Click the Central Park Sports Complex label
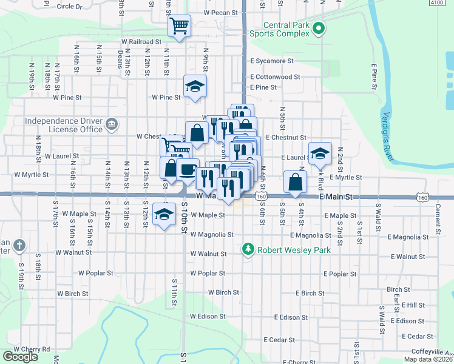[x=284, y=30]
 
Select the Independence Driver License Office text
[x=64, y=125]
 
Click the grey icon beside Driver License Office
[x=111, y=125]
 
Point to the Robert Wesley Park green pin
[x=248, y=248]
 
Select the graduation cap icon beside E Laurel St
[x=319, y=153]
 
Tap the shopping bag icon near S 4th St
[x=295, y=181]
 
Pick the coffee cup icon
[x=188, y=170]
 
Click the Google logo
[x=20, y=357]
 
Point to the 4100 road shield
[x=436, y=3]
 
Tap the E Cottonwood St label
[x=275, y=77]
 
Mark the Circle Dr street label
[x=69, y=7]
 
